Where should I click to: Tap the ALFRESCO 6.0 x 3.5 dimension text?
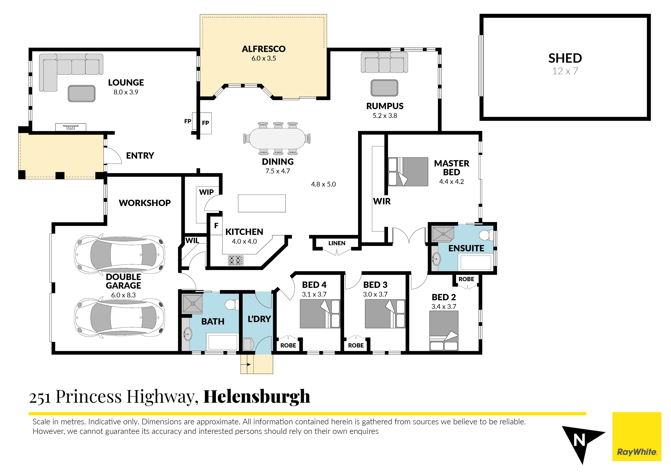264,58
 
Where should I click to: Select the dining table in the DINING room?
277,138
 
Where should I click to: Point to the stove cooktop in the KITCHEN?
235,260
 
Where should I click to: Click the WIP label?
206,192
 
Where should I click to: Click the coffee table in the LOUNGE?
81,93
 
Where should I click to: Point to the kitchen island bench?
262,203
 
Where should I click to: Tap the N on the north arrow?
579,440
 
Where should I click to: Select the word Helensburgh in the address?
257,397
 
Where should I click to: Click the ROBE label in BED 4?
288,346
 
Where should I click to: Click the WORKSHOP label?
145,203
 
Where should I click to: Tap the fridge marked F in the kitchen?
216,226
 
